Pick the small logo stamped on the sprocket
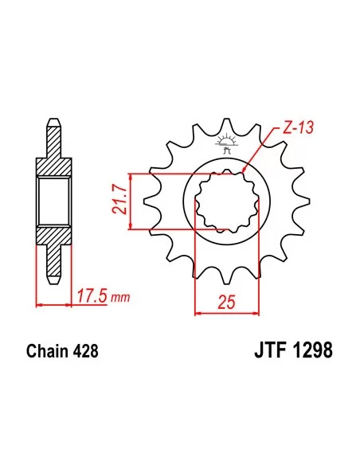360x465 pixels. coord(227,144)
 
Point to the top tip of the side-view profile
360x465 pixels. coord(53,122)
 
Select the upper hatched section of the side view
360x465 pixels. coord(53,159)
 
